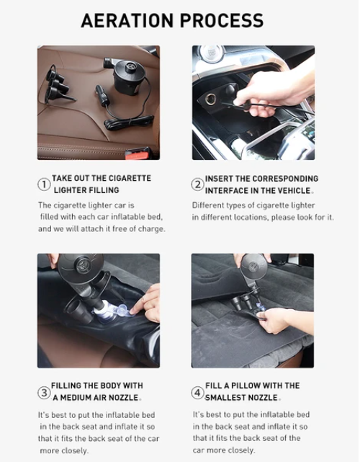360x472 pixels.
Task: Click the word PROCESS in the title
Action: pos(222,20)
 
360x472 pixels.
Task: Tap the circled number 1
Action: pos(44,184)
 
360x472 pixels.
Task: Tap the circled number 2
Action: pos(197,184)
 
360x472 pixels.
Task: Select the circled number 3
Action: pos(44,393)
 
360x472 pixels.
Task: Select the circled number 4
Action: pos(197,393)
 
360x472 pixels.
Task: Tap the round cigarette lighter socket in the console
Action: pos(210,98)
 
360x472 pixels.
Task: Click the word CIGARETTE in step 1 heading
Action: pos(130,178)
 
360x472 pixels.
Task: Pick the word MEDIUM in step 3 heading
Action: pos(76,398)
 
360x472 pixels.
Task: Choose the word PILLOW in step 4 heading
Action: pos(245,386)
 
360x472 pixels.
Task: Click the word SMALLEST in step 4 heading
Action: pos(224,398)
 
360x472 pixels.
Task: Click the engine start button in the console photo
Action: pos(212,53)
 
